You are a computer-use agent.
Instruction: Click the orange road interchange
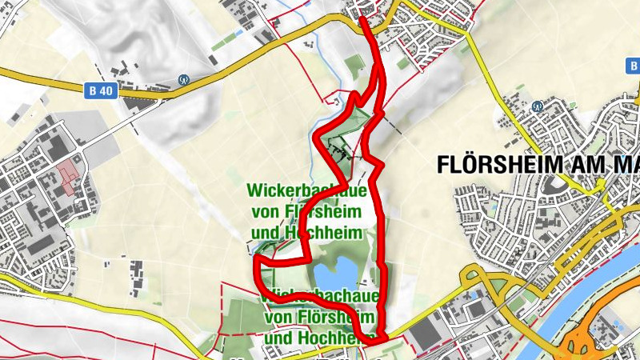coord(588,340)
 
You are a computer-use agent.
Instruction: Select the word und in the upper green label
coord(268,232)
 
